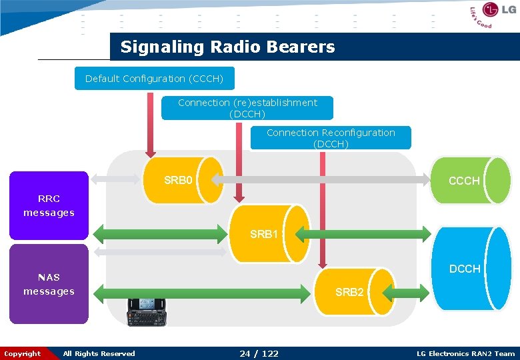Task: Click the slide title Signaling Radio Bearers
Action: tap(227, 47)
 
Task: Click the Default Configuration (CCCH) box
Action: tap(154, 79)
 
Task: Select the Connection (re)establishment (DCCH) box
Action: tap(247, 108)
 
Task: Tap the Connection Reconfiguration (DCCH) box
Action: tap(331, 137)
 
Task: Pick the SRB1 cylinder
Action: tap(267, 233)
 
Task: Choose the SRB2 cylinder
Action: tap(351, 291)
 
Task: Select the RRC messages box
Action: tap(48, 205)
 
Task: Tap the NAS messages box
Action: tap(48, 285)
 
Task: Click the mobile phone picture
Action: tap(147, 311)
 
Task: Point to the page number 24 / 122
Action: tap(259, 353)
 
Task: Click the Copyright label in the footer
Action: tap(21, 353)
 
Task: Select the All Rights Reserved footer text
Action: tap(99, 353)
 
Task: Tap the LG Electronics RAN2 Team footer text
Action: tap(465, 353)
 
